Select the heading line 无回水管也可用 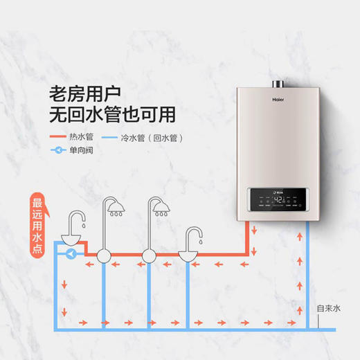112,113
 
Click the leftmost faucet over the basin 75,221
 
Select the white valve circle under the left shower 104,255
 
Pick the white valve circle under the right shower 148,255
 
